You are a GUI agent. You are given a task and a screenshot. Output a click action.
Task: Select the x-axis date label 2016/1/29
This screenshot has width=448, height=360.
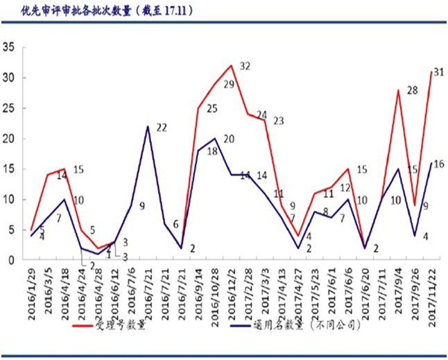click(32, 289)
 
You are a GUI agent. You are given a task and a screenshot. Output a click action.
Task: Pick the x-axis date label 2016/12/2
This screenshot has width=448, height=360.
click(232, 289)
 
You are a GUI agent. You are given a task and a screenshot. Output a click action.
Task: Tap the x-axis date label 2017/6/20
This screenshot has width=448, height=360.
click(365, 289)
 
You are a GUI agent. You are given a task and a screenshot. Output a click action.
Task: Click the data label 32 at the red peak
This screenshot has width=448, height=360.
click(245, 67)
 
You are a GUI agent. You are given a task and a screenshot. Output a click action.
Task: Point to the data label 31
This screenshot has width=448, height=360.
click(438, 72)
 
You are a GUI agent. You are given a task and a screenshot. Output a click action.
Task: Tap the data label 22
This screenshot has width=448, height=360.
click(162, 128)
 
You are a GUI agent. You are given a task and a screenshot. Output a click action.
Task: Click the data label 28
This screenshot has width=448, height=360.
click(412, 91)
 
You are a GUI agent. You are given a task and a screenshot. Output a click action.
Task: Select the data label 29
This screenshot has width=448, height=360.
click(228, 85)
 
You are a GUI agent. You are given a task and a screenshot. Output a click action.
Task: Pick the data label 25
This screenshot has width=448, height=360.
click(212, 109)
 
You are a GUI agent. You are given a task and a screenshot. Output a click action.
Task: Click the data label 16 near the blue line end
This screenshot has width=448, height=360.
click(439, 164)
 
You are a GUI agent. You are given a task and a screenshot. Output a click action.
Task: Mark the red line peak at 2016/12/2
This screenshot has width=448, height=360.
click(231, 66)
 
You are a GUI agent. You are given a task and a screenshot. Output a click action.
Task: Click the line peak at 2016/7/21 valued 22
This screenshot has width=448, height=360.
click(148, 126)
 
